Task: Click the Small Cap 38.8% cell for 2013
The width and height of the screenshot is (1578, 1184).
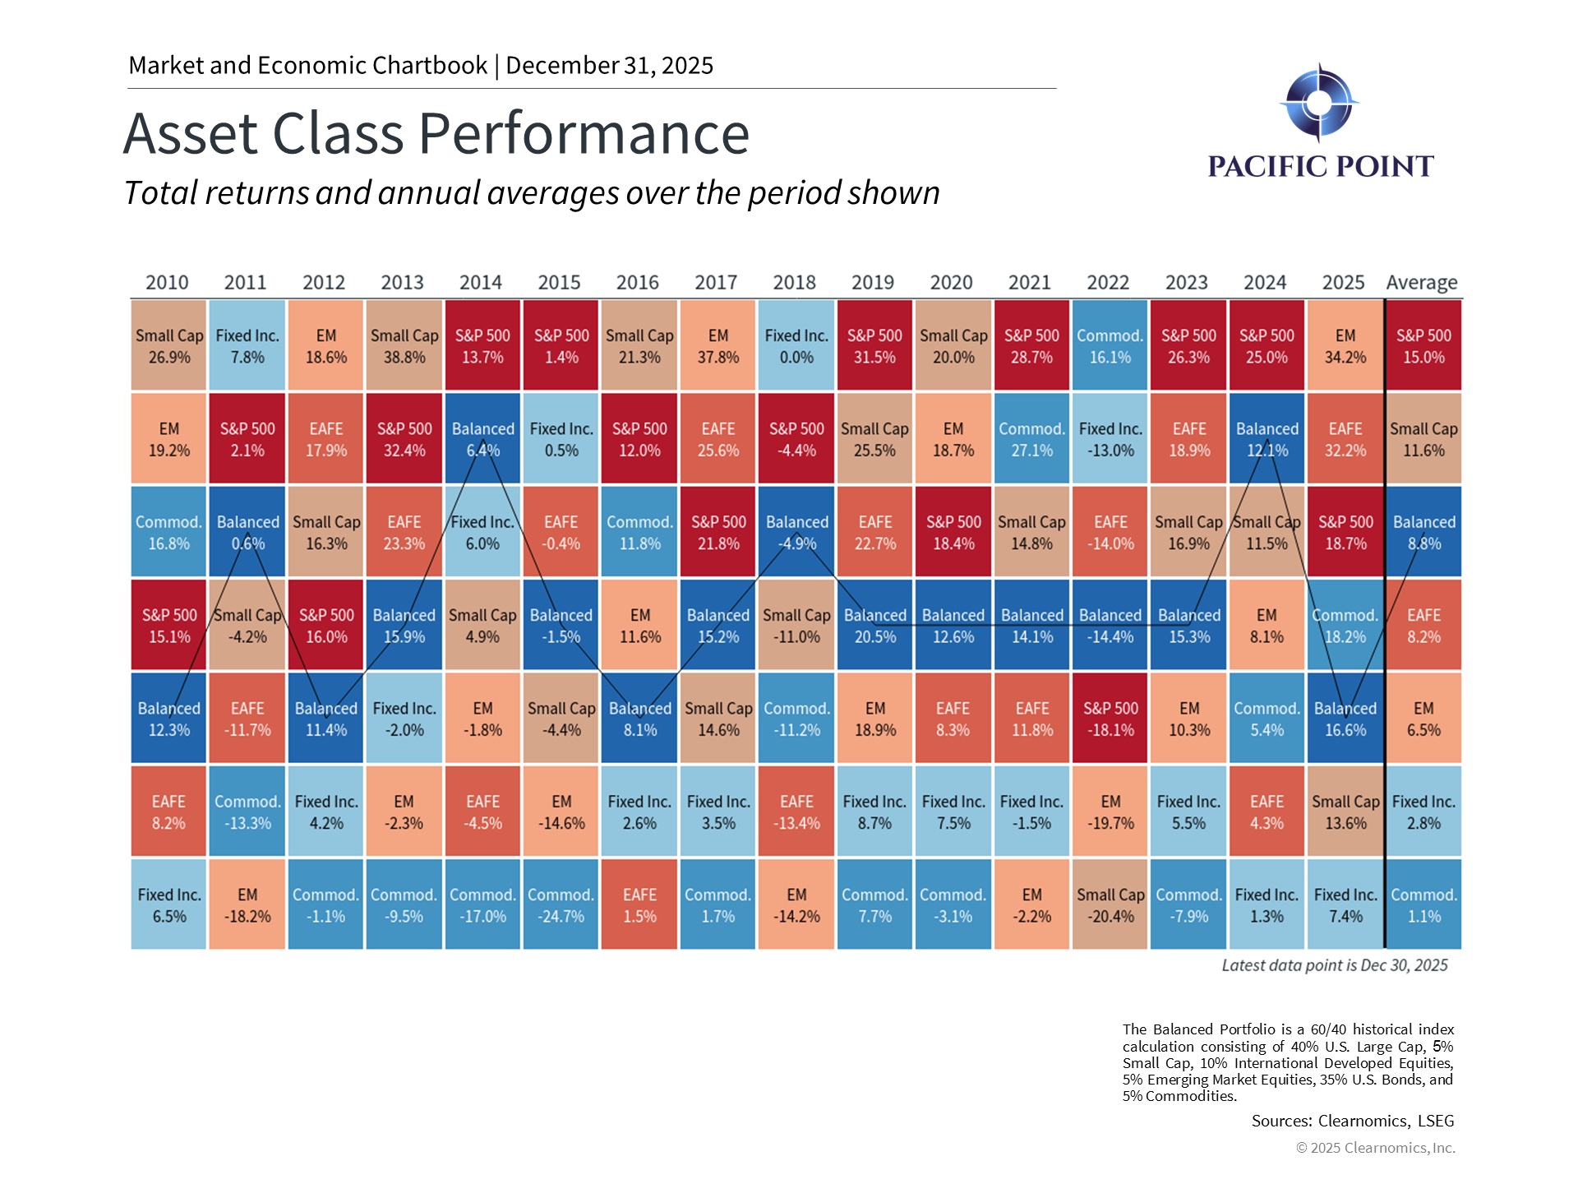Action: click(404, 345)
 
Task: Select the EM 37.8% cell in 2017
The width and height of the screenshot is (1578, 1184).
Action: click(717, 345)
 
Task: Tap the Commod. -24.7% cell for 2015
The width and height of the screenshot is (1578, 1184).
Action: click(561, 904)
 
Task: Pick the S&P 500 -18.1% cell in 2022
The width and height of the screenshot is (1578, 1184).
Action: click(1110, 718)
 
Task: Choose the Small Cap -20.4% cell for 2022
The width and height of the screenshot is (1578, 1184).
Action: click(1110, 904)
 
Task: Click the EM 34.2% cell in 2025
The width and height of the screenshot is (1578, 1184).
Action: click(1345, 345)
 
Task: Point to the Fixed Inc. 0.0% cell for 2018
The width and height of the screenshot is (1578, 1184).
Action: click(796, 345)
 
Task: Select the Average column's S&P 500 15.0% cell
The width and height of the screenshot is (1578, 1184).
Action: click(1423, 345)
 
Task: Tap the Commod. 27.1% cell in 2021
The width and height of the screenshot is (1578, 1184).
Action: click(1031, 438)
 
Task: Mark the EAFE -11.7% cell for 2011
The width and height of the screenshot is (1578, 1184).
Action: click(247, 718)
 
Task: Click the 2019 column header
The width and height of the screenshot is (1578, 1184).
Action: click(872, 282)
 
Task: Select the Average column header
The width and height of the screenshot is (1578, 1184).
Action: click(1421, 282)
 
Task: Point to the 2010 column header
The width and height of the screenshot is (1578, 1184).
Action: click(167, 282)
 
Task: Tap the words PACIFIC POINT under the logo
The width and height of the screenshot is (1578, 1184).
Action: click(1320, 167)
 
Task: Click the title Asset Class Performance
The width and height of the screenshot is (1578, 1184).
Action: click(436, 133)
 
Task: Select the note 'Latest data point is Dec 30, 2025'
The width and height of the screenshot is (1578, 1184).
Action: click(1334, 965)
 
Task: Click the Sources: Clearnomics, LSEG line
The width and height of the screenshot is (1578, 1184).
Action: click(1352, 1121)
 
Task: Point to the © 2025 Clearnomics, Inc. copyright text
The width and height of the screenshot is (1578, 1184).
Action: click(1375, 1148)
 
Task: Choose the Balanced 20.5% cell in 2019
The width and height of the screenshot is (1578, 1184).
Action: click(874, 625)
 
